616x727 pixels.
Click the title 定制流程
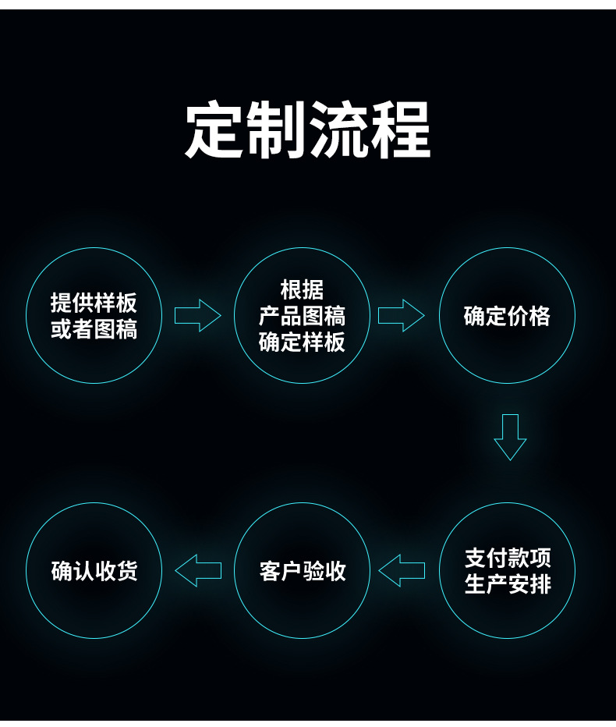coord(308,129)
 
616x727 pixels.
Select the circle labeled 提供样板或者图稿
coord(94,315)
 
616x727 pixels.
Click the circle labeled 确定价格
coord(507,315)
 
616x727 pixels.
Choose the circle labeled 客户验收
coord(303,571)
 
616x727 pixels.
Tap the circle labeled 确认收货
coord(94,571)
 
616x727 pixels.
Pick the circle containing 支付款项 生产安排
coord(507,571)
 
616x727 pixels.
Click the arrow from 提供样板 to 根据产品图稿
coord(197,315)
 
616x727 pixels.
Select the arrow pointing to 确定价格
coord(402,315)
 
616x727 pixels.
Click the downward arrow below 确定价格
coord(510,437)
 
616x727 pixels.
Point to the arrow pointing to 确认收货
coord(198,571)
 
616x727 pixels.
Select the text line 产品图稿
coord(303,316)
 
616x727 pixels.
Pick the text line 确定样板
coord(303,342)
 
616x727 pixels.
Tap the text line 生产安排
coord(508,584)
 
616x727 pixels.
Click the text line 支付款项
coord(508,558)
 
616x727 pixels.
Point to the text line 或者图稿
coord(94,329)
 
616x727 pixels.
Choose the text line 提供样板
coord(94,303)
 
